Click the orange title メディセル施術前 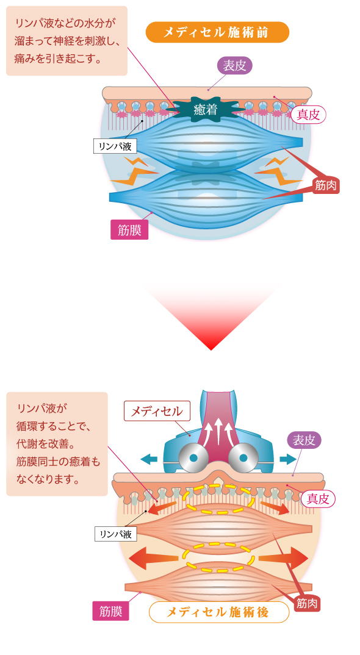[x=217, y=32]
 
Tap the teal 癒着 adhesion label [x=205, y=110]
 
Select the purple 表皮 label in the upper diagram [x=234, y=66]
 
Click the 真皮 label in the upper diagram [x=308, y=115]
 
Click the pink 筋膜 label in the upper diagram [x=129, y=231]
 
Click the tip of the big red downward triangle [x=211, y=350]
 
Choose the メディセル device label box [x=157, y=411]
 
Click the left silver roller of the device [x=193, y=458]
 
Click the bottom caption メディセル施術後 [x=219, y=612]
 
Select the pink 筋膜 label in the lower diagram [x=111, y=612]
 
